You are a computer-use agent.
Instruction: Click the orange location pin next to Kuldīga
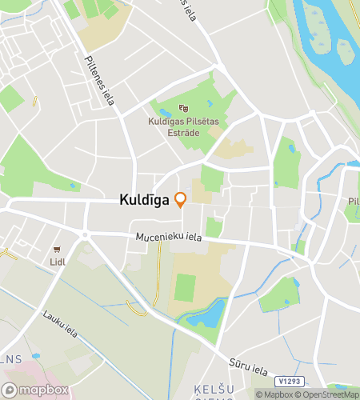point(181,199)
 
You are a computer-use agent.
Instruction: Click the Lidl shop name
point(57,262)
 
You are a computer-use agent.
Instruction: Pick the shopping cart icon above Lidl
point(57,250)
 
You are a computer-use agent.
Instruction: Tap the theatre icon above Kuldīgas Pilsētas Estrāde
point(183,108)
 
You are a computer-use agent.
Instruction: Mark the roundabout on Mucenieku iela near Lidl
point(85,234)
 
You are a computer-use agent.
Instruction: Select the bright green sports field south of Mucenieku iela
point(185,287)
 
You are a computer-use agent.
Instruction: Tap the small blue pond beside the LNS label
point(34,356)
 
